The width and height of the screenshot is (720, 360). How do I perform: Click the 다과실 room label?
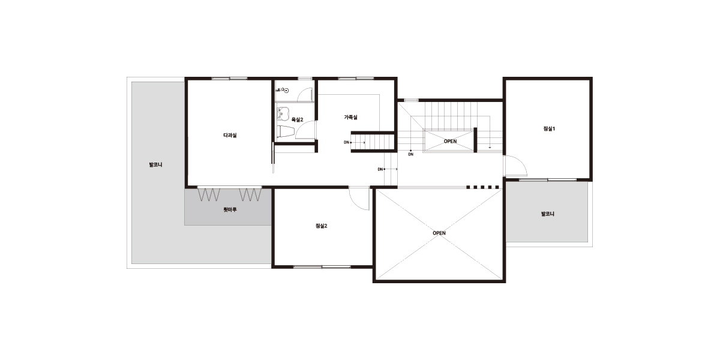tap(230, 136)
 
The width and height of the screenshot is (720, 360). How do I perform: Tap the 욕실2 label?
tap(298, 119)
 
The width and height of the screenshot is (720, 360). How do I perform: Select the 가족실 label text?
tap(350, 118)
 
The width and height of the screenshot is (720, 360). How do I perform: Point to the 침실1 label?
tap(549, 128)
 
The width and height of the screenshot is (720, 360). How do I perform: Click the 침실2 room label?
tap(321, 226)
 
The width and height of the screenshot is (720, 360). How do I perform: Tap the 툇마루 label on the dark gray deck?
tap(230, 209)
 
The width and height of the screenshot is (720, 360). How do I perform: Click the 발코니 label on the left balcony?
tap(155, 164)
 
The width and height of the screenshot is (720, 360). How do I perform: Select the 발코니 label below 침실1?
tap(548, 214)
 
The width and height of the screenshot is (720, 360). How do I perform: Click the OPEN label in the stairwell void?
tap(450, 141)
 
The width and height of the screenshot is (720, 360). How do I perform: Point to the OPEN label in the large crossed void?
tap(439, 233)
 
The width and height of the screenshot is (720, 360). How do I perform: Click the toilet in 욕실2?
tap(286, 131)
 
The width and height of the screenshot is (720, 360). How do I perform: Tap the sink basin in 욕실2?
tap(283, 114)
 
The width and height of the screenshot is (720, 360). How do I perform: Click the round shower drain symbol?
tap(287, 91)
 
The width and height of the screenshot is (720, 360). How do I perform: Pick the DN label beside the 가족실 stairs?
tap(347, 142)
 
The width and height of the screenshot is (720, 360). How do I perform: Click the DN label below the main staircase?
tap(411, 154)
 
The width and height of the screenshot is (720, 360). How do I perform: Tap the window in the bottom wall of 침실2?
tap(322, 266)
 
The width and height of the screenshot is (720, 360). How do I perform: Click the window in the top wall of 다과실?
tap(229, 79)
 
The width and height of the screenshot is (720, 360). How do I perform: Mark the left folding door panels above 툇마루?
tap(209, 195)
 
